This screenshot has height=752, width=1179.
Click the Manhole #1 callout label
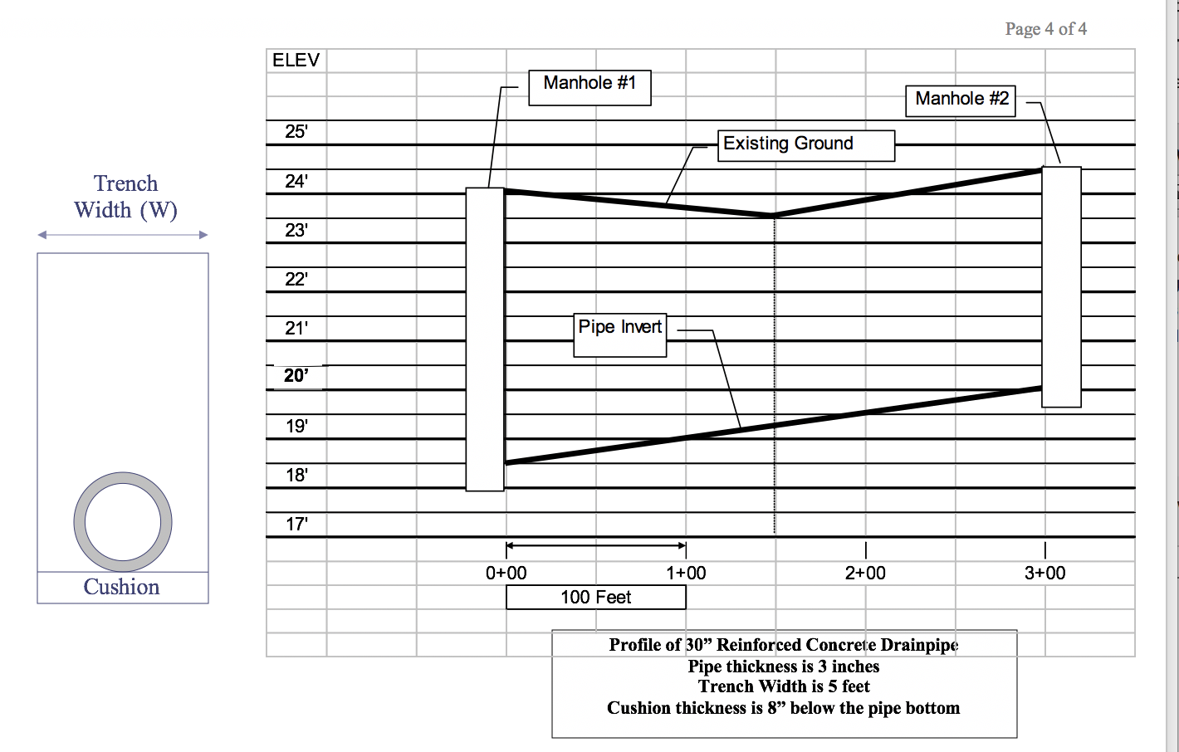click(589, 88)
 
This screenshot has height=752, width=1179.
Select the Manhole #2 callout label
click(961, 100)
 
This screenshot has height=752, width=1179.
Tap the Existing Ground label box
click(806, 145)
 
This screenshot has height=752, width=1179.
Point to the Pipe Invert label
click(620, 335)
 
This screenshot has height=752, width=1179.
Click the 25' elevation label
click(296, 132)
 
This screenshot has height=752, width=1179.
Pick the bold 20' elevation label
click(296, 376)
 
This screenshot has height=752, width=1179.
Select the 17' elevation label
click(297, 524)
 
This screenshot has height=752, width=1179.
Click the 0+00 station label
click(506, 573)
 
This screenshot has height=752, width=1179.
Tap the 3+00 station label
click(1044, 573)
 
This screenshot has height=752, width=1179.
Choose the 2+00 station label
click(865, 573)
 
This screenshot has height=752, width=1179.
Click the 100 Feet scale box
click(596, 598)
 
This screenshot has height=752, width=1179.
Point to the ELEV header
click(296, 61)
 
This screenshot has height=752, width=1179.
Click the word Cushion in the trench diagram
click(121, 587)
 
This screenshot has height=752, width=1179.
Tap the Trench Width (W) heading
click(125, 197)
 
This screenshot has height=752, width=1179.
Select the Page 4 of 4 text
click(1046, 29)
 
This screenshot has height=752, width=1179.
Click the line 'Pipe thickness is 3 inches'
click(783, 667)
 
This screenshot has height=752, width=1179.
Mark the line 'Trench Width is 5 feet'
click(784, 686)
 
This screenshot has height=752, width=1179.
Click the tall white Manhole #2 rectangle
click(1062, 287)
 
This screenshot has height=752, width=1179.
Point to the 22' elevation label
click(296, 280)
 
